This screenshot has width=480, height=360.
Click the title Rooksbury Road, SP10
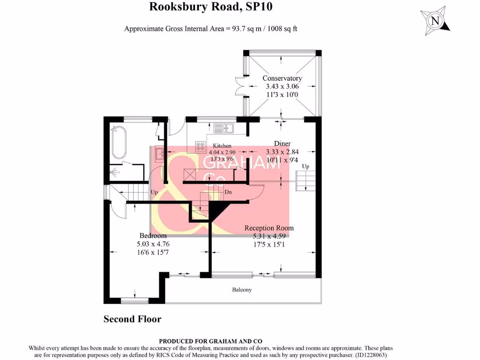click(x=210, y=7)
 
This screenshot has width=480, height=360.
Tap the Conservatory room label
click(x=282, y=78)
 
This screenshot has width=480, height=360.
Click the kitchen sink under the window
click(x=224, y=127)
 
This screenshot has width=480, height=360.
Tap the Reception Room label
click(x=269, y=228)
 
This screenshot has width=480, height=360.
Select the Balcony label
click(x=242, y=290)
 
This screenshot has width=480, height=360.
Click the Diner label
click(x=282, y=143)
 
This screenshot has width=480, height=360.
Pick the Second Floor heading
click(x=132, y=319)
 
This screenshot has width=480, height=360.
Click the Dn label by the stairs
click(x=228, y=192)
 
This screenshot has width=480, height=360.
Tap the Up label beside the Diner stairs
click(x=306, y=166)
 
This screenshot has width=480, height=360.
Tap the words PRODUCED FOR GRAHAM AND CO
click(x=210, y=341)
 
